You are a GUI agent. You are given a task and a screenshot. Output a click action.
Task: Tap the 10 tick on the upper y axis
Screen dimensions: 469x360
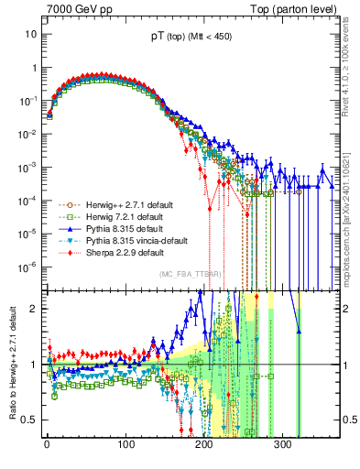tap(30, 34)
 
